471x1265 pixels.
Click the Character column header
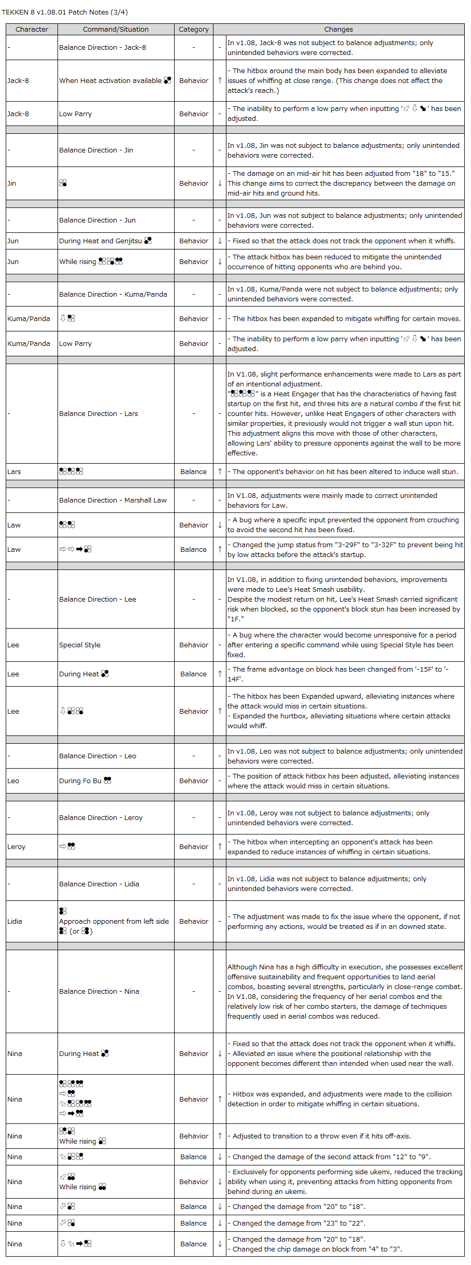(32, 30)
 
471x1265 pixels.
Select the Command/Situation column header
(116, 30)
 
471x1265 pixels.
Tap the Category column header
(194, 30)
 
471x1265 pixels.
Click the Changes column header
(338, 30)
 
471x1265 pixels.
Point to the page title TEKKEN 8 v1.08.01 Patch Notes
(65, 12)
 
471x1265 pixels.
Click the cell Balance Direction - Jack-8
(103, 48)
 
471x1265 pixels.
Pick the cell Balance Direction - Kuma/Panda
(113, 295)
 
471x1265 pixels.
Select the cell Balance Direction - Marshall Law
(113, 501)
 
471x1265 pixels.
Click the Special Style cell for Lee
(80, 645)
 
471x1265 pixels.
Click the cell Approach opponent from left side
(114, 922)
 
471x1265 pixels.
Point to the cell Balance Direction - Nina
(99, 992)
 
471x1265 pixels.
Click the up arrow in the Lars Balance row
(220, 472)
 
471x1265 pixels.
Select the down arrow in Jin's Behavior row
(220, 184)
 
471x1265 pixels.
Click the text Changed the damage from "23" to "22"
(298, 1224)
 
